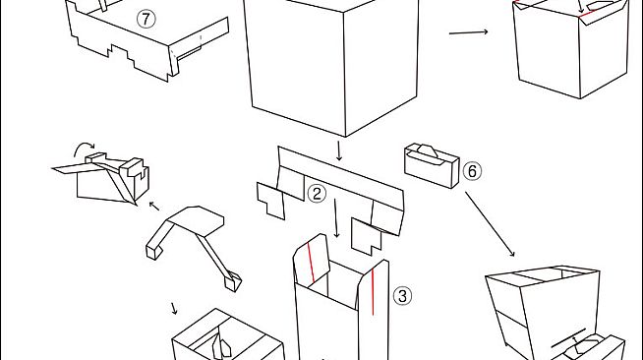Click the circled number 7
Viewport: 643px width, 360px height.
tap(146, 19)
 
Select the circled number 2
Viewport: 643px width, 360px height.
tap(317, 194)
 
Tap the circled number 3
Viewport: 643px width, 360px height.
tap(402, 296)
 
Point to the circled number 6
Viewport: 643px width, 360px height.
tap(472, 171)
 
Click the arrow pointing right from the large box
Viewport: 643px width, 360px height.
tap(468, 32)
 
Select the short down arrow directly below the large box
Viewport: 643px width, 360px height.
tap(339, 150)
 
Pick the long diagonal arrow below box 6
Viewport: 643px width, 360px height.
tap(490, 224)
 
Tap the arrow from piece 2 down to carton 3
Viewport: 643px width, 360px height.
tap(336, 218)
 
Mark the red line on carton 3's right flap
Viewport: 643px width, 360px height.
tap(373, 291)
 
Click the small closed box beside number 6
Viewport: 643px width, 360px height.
tap(432, 165)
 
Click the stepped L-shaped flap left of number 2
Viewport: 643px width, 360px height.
tap(270, 201)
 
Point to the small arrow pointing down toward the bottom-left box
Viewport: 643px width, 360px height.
tap(174, 308)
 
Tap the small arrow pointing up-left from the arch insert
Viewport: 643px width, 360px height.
tap(154, 206)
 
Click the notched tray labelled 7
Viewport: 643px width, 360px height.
tap(147, 41)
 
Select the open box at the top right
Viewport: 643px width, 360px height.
tap(571, 48)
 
